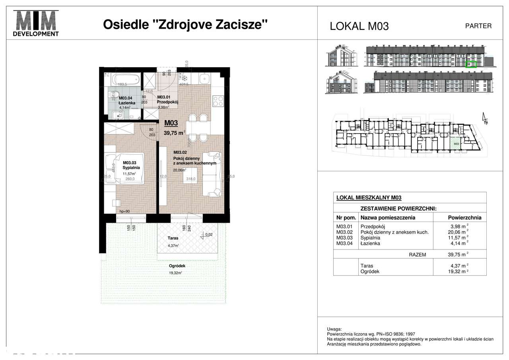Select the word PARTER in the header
[478, 26]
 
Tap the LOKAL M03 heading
[359, 26]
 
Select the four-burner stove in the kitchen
[218, 101]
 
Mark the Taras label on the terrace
[173, 239]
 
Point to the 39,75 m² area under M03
[175, 133]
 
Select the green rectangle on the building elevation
[471, 64]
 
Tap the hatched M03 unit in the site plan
[456, 143]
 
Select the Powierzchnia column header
[464, 218]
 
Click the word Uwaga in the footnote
[334, 329]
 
